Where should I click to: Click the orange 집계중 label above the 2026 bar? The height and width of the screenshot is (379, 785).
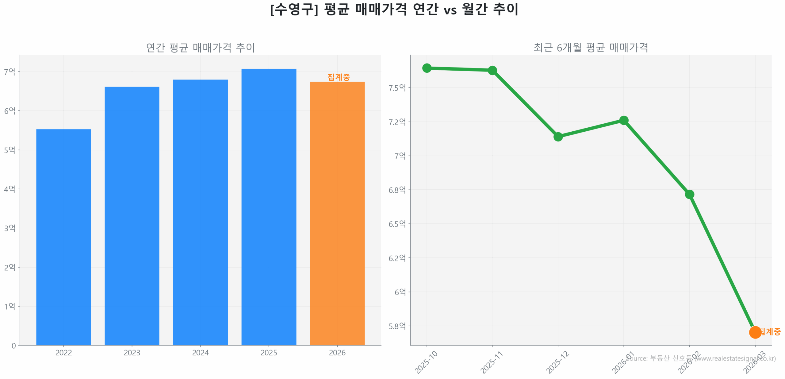click(x=338, y=77)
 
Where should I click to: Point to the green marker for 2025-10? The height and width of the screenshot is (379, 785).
click(x=427, y=68)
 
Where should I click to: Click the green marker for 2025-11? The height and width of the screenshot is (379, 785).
click(x=492, y=70)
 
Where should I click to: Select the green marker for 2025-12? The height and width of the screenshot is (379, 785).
click(x=558, y=136)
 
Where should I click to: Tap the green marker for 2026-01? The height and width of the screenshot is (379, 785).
click(x=623, y=120)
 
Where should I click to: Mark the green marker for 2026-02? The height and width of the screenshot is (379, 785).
click(x=689, y=194)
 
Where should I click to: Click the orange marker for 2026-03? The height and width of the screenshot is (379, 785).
click(x=755, y=332)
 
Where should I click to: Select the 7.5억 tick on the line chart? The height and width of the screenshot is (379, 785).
click(x=397, y=88)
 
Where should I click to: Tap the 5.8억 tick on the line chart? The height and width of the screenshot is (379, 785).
click(x=397, y=326)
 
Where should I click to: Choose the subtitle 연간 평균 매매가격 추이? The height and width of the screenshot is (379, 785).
click(x=200, y=48)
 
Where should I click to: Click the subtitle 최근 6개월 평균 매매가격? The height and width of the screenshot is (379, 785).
click(x=591, y=48)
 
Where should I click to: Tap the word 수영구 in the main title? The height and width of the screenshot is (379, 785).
click(x=294, y=9)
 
